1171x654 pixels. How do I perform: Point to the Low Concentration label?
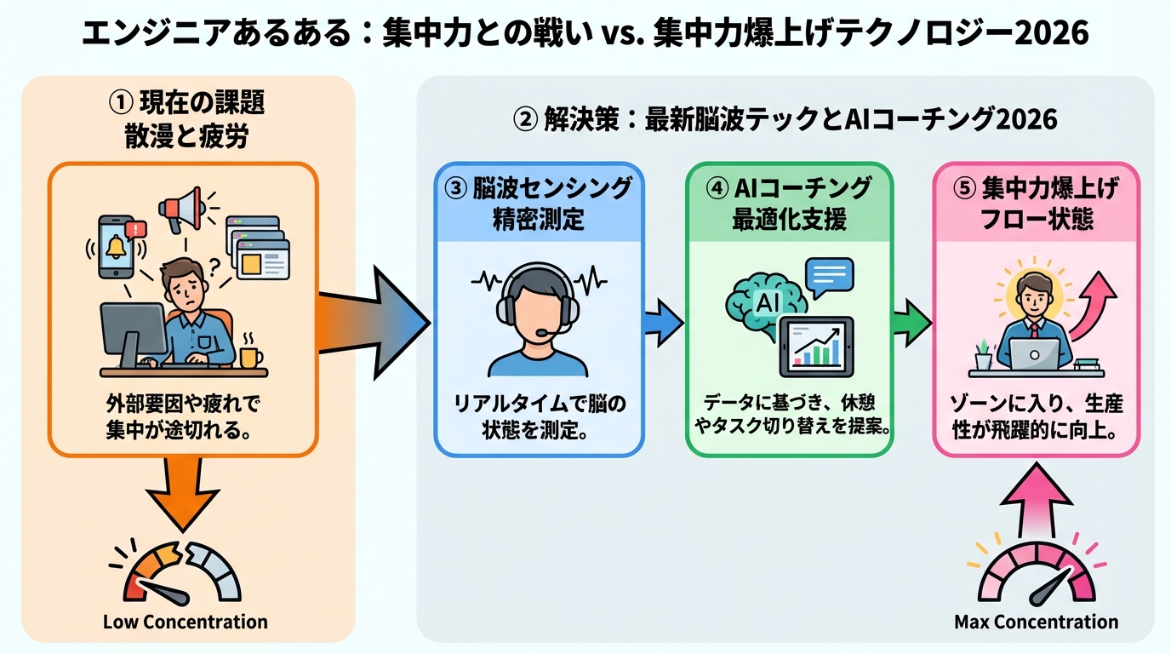pyautogui.click(x=185, y=622)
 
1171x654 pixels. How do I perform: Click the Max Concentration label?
pyautogui.click(x=1036, y=622)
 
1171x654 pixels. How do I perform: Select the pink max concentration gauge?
pyautogui.click(x=1036, y=572)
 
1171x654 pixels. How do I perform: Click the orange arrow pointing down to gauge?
pyautogui.click(x=183, y=495)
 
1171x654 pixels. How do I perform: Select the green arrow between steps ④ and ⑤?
pyautogui.click(x=911, y=323)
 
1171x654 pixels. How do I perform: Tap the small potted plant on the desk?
pyautogui.click(x=984, y=354)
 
